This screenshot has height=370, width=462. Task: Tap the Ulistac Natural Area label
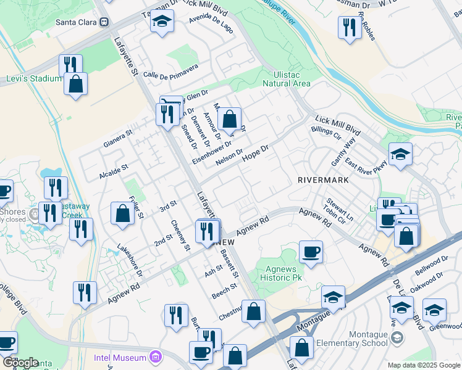[x=286, y=79]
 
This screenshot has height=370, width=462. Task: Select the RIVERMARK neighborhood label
[x=323, y=180]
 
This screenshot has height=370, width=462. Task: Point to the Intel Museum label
[x=120, y=357]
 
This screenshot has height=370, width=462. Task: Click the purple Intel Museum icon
[x=154, y=357]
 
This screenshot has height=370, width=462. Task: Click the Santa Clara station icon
[x=104, y=22]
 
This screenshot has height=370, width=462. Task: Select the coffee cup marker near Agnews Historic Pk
[x=311, y=252]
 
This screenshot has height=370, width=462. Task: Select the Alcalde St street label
[x=113, y=171]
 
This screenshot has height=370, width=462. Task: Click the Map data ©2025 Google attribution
[x=423, y=365]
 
